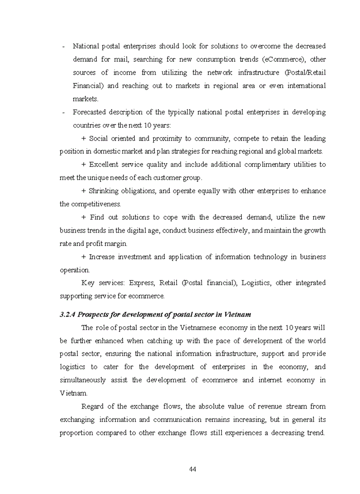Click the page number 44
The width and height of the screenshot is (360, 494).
click(x=193, y=469)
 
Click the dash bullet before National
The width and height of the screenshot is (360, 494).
click(x=63, y=46)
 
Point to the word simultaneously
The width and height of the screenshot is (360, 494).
click(x=83, y=380)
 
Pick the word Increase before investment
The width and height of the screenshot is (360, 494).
click(x=104, y=256)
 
